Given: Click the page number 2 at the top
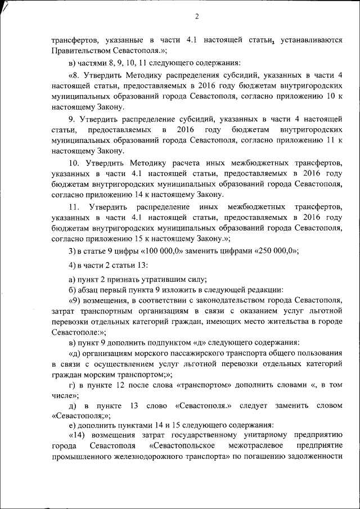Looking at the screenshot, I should (197, 16).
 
